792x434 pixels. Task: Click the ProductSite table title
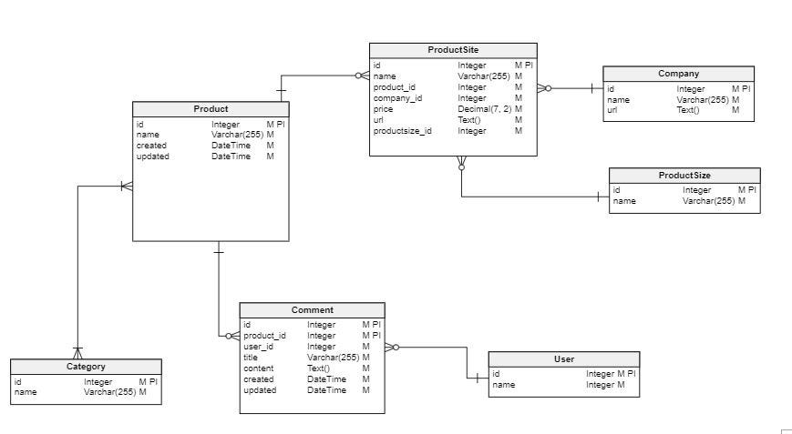(x=453, y=49)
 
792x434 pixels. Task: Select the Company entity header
(x=678, y=73)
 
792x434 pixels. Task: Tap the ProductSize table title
(x=684, y=175)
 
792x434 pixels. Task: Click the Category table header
(x=86, y=367)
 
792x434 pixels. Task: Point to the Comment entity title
(x=312, y=310)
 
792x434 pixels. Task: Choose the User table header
(x=563, y=359)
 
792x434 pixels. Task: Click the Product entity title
(x=211, y=109)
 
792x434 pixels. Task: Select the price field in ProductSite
(x=383, y=109)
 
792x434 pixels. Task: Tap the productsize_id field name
(x=402, y=131)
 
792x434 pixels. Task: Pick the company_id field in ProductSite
(x=397, y=98)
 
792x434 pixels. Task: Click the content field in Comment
(x=258, y=368)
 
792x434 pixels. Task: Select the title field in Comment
(x=251, y=358)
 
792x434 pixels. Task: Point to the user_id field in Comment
(x=258, y=347)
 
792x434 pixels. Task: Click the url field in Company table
(x=612, y=110)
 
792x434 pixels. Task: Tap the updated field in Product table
(x=152, y=156)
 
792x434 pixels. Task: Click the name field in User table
(x=503, y=385)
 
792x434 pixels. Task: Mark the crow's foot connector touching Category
(x=77, y=352)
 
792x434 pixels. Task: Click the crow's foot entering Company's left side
(x=544, y=88)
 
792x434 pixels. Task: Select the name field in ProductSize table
(x=624, y=201)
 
